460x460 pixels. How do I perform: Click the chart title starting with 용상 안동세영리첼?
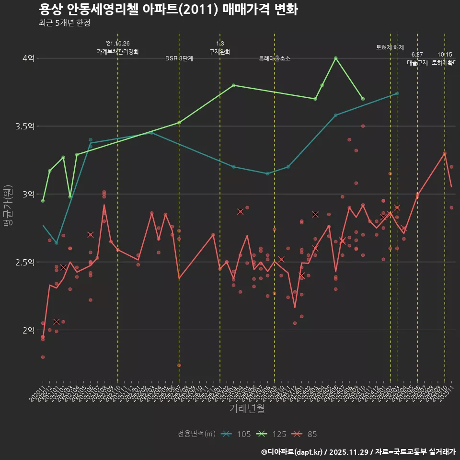[x=168, y=10]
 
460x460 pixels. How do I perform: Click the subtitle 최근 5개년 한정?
[x=64, y=23]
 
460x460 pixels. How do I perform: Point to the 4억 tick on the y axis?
[x=28, y=58]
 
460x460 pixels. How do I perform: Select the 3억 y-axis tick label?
[x=28, y=194]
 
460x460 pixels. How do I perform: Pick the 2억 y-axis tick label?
[x=28, y=330]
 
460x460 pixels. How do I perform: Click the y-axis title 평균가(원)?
[x=8, y=206]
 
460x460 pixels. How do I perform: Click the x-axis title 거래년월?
[x=247, y=408]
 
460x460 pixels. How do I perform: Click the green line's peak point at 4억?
[x=335, y=58]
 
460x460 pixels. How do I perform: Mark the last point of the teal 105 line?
[x=397, y=93]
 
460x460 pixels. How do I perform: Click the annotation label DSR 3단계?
[x=179, y=58]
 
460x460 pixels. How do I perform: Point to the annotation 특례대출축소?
[x=275, y=58]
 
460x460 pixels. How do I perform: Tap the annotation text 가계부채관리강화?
[x=118, y=52]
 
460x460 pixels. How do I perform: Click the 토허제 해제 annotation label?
[x=390, y=47]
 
